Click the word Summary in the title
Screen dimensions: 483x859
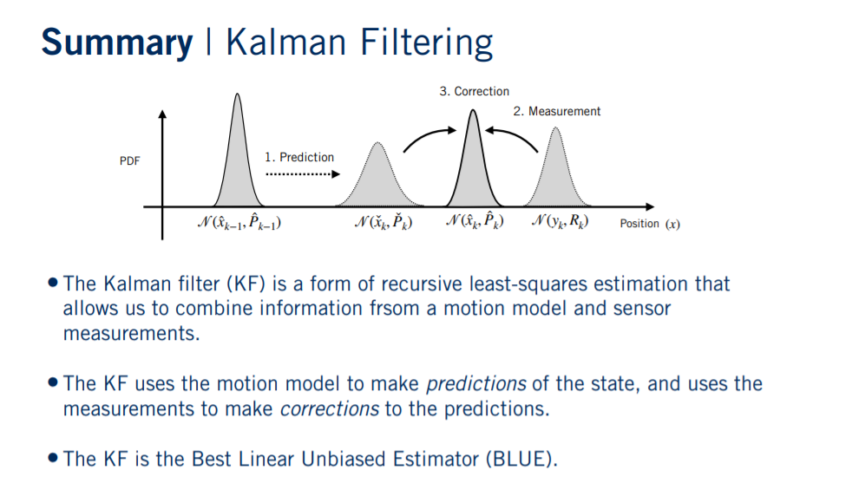click(116, 42)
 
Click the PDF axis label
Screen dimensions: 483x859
click(130, 161)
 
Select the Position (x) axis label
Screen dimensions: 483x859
click(649, 224)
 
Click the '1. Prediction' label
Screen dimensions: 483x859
click(299, 157)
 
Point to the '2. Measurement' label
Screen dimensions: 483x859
click(556, 111)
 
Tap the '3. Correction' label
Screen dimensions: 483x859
click(474, 91)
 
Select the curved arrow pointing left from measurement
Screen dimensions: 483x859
click(513, 137)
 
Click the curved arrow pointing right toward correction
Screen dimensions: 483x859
click(429, 137)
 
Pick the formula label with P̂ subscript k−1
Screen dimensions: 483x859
click(239, 223)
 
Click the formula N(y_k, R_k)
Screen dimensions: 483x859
click(559, 223)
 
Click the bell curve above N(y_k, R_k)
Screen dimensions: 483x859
click(557, 173)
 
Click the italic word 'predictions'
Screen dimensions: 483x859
click(475, 383)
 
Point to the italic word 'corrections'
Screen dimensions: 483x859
click(329, 408)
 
